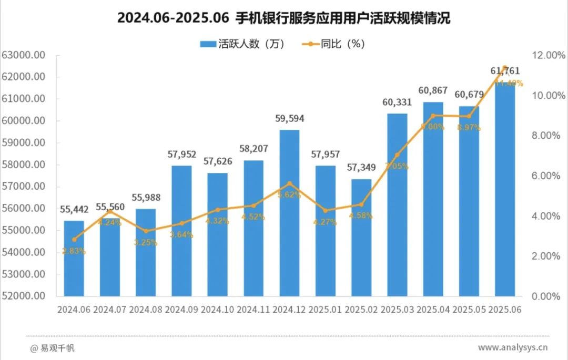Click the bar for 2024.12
(289, 213)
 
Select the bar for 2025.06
(505, 189)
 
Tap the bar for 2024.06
(74, 258)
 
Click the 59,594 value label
(289, 119)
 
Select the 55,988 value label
(146, 198)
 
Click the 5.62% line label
(289, 194)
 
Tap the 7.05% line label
(397, 166)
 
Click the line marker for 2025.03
(397, 155)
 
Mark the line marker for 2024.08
(146, 231)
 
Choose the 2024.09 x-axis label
(181, 310)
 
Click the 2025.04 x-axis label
(433, 310)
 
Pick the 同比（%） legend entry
(333, 44)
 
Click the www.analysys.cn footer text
(513, 347)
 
